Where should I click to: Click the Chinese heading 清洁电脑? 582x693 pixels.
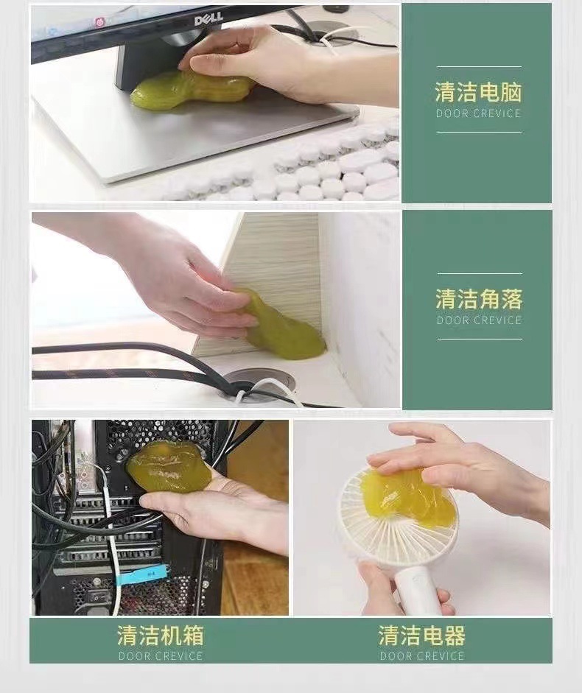(x=478, y=92)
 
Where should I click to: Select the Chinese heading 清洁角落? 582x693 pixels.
(x=479, y=299)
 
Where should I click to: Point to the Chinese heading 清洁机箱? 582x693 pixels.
(x=160, y=636)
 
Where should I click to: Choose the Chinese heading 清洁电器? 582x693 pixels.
(x=422, y=636)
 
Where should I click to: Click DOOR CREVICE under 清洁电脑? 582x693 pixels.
(x=478, y=113)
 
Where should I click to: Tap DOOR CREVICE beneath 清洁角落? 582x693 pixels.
(x=479, y=320)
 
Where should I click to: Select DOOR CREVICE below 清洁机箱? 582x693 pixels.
(x=160, y=656)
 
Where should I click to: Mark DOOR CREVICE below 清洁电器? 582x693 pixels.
(x=422, y=656)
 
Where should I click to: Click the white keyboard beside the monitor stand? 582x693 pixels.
(x=332, y=169)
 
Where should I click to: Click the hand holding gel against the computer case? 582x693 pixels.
(x=221, y=512)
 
